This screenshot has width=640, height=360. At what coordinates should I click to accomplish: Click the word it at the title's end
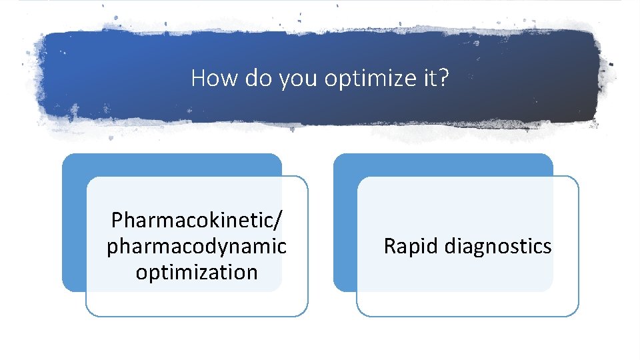[x=431, y=79]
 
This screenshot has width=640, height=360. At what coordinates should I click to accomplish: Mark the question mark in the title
[x=445, y=79]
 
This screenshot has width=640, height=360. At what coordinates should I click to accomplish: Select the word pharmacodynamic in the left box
[x=197, y=246]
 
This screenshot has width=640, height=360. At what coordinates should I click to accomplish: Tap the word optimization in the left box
[x=197, y=272]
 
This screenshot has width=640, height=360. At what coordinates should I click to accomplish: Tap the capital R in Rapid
[x=389, y=247]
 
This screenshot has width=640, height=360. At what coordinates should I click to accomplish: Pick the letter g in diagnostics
[x=475, y=248]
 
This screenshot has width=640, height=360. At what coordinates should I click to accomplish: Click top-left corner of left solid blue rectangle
[x=64, y=155]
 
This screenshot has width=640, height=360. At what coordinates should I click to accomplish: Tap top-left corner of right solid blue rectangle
[x=335, y=155]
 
